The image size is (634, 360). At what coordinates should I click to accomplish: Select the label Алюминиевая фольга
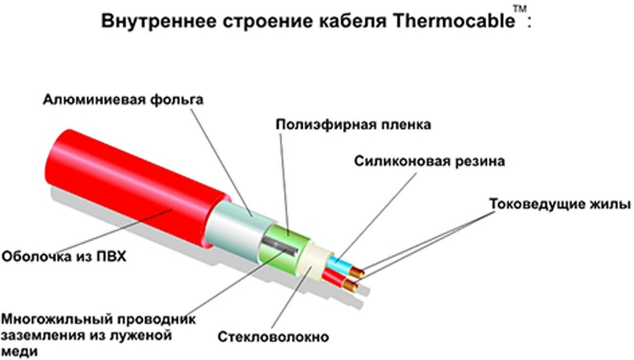tap(123, 100)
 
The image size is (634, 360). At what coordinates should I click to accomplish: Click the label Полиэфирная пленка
tap(353, 125)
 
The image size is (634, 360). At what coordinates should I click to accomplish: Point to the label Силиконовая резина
tap(429, 161)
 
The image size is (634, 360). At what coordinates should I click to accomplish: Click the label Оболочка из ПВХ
tap(64, 256)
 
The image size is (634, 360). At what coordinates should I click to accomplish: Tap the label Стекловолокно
tap(273, 337)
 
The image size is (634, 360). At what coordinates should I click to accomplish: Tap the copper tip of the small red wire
tap(350, 285)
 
